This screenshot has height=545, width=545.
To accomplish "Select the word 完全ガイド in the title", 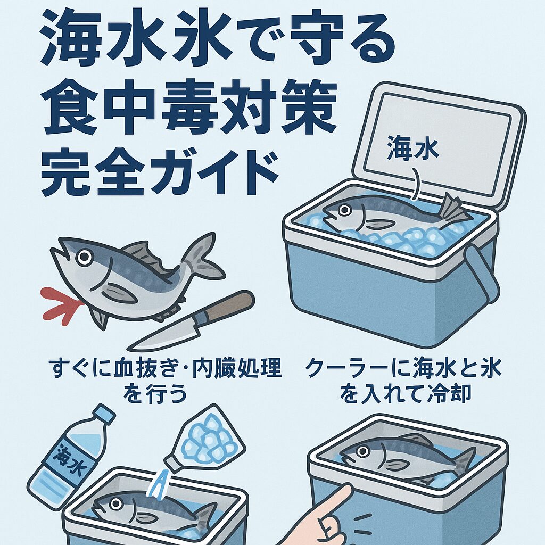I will pos(160,173).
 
